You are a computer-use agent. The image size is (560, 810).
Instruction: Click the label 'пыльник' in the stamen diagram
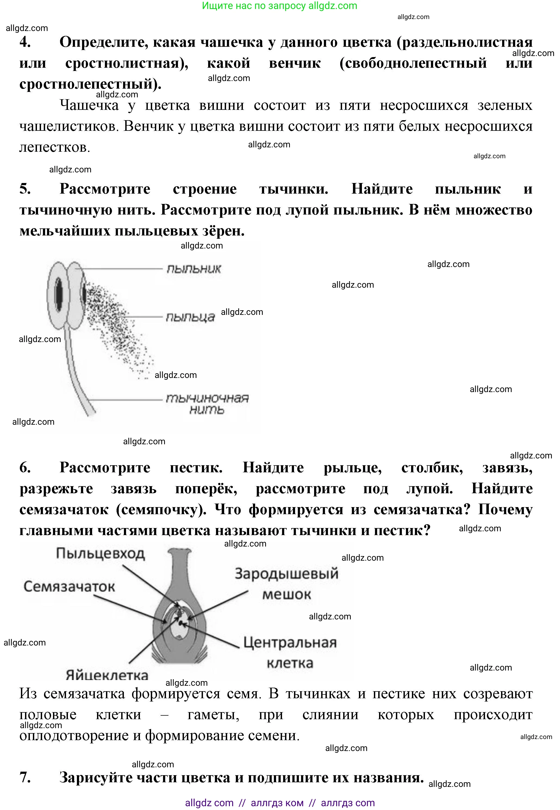pos(194,269)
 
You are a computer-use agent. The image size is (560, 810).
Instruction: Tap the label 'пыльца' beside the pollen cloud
pos(190,317)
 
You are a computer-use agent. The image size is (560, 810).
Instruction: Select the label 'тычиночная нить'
pos(207,404)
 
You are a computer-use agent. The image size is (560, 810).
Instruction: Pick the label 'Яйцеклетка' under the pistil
pos(107,675)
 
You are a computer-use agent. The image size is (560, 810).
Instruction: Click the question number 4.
pos(25,42)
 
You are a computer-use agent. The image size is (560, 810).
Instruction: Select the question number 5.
pos(25,189)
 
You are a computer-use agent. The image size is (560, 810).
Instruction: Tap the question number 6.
pos(25,467)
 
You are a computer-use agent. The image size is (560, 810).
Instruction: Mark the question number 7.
pos(25,777)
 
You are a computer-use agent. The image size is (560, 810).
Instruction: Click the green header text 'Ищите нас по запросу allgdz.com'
pos(280,6)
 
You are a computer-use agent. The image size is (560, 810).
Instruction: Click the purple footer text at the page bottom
pos(280,803)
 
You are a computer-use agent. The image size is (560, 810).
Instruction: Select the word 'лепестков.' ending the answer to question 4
pos(55,147)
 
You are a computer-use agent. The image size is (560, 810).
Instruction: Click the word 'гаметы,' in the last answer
pos(213,715)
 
